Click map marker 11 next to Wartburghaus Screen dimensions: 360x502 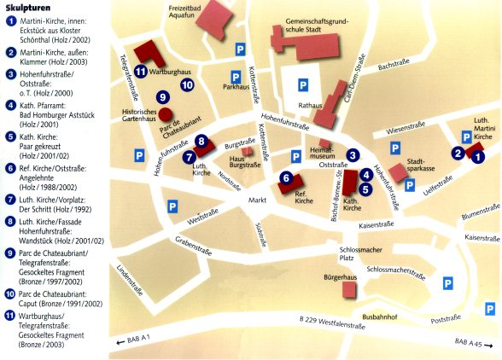140,71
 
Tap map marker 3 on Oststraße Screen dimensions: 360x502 352,155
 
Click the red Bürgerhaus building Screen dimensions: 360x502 348,290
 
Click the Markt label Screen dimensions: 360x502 258,200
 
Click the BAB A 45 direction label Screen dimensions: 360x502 470,342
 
